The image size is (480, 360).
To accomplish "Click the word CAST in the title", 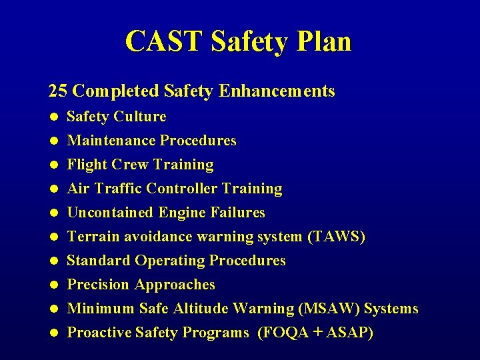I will click(164, 41).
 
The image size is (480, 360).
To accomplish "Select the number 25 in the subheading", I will click(58, 91).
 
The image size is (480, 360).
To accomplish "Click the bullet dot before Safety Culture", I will click(53, 117).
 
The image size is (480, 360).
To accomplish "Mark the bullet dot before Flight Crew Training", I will click(53, 165).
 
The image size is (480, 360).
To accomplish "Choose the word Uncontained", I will click(111, 213).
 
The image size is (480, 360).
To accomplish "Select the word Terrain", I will click(91, 237).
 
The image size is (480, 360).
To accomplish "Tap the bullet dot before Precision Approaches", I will click(53, 285).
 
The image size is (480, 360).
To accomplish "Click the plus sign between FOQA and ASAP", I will click(317, 333).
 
